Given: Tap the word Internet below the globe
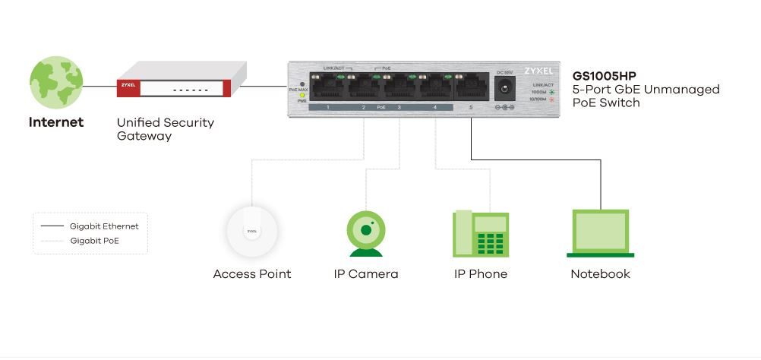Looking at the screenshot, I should [x=56, y=122].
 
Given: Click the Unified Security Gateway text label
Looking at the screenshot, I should [x=166, y=129].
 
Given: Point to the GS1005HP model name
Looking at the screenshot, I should [x=604, y=77].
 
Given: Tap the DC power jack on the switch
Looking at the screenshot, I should [x=503, y=89].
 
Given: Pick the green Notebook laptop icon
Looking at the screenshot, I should [x=600, y=233].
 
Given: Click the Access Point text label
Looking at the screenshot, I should [x=251, y=274].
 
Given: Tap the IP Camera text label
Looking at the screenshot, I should [x=365, y=274].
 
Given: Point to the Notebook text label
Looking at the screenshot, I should [x=600, y=274].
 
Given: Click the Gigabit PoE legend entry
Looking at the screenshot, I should [x=94, y=241].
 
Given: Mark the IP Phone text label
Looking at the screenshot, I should [x=480, y=274].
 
